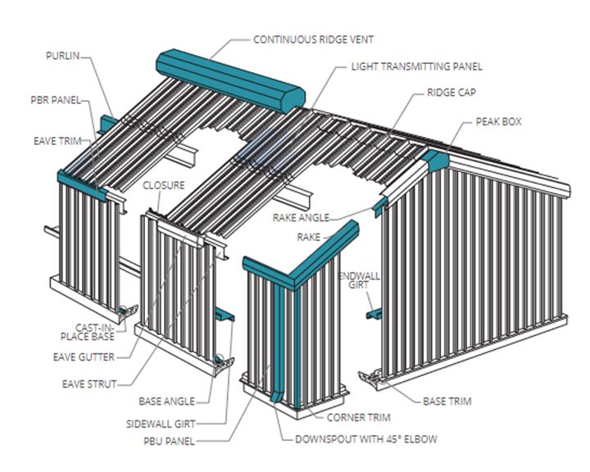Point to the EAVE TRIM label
[x=58, y=140]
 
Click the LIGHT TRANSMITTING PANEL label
[x=416, y=66]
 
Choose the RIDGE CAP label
[x=451, y=93]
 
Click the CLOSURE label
[x=164, y=185]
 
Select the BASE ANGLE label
[x=167, y=401]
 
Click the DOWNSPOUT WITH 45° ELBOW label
[x=365, y=439]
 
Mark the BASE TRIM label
[x=447, y=402]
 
